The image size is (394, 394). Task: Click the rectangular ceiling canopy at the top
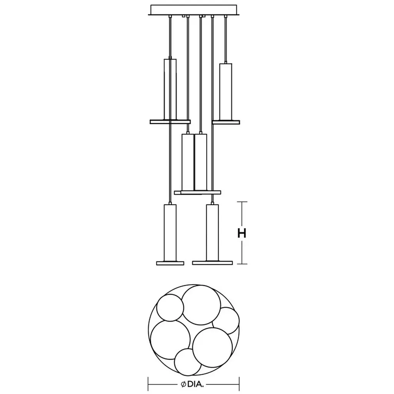pos(194,10)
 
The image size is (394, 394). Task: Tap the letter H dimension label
pos(242,233)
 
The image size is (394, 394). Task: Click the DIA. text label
pos(195,384)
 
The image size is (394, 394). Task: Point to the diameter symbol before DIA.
pos(184,384)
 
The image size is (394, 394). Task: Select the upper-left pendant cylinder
pos(170,89)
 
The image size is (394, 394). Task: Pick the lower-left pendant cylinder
pos(170,233)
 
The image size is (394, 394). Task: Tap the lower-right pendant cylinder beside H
pos(212,233)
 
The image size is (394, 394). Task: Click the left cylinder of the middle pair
pos(188,162)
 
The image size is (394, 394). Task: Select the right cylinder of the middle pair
pos(201,162)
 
